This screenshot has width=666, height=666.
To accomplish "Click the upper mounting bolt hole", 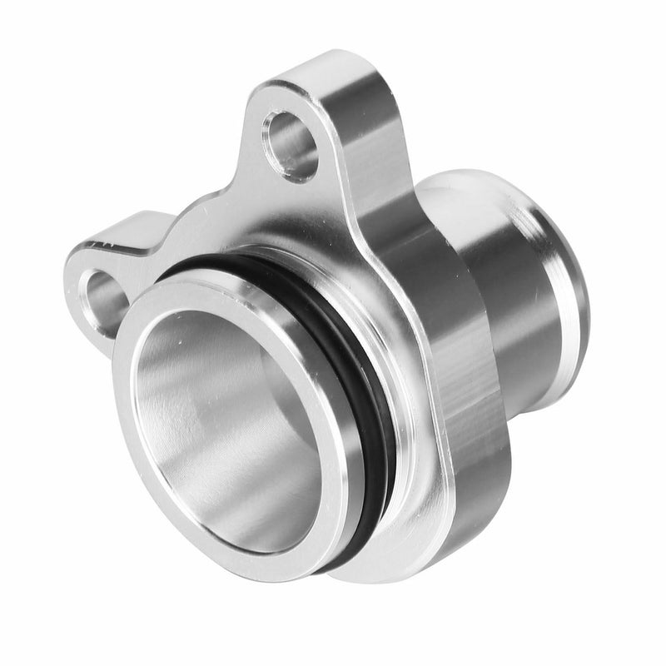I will coord(291,142).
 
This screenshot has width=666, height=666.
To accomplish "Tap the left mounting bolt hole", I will coord(103,296).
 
